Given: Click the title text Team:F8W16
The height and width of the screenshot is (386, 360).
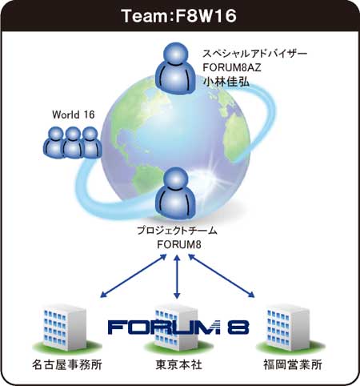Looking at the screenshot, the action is tap(179, 16).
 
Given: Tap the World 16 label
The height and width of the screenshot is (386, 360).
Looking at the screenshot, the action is tap(74, 115).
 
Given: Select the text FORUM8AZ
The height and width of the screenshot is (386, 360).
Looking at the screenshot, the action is tap(232, 67).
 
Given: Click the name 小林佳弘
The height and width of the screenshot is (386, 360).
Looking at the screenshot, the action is tap(226, 82).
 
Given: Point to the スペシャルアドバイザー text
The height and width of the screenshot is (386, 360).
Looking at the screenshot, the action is tap(255, 54).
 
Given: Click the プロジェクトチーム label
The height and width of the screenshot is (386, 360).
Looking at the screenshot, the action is tap(177, 231).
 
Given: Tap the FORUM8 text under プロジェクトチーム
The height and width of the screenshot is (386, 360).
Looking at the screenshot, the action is tap(179, 245).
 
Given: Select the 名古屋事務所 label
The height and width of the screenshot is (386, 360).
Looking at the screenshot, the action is tap(67, 364).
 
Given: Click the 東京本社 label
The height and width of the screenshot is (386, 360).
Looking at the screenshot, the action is tap(178, 364).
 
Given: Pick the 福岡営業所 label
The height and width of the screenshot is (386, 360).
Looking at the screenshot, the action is tap(293, 364).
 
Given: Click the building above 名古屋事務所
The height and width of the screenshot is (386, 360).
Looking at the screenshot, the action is tap(65, 328).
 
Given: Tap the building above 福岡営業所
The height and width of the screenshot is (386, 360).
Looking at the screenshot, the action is tap(289, 328).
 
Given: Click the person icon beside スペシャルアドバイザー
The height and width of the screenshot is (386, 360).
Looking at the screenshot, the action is tap(176, 69).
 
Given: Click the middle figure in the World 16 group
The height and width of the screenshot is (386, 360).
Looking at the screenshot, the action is tap(74, 143).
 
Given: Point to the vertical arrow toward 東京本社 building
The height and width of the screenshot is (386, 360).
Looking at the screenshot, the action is tap(177, 277).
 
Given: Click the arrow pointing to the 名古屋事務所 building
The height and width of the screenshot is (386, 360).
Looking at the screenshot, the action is tap(134, 275).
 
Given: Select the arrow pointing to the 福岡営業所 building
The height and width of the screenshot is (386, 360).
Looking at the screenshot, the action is tap(222, 275).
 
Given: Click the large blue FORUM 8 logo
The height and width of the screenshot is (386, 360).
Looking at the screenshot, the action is tap(178, 328).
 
